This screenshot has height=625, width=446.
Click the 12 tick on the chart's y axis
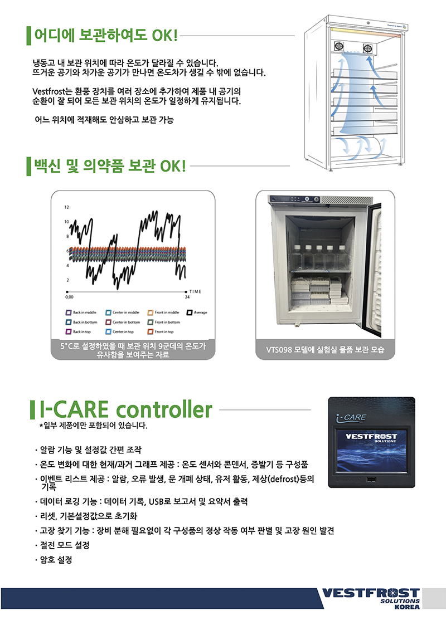pyautogui.click(x=66, y=207)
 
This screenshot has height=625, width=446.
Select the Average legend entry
pyautogui.click(x=197, y=312)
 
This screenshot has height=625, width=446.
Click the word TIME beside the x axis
pyautogui.click(x=195, y=291)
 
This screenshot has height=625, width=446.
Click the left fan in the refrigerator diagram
pyautogui.click(x=338, y=47)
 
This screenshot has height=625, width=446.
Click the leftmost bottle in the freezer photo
pyautogui.click(x=295, y=256)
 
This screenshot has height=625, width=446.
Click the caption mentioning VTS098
pyautogui.click(x=325, y=350)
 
